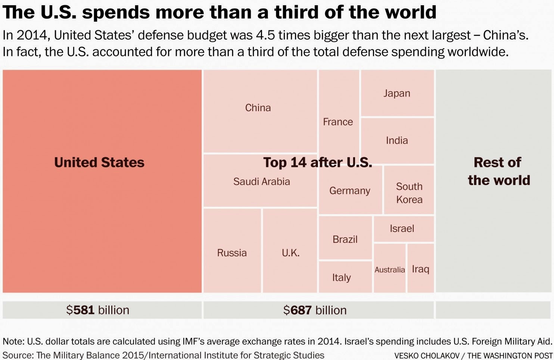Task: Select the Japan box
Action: (x=397, y=93)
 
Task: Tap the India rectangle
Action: (x=397, y=141)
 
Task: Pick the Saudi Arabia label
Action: (x=261, y=182)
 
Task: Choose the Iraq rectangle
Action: (x=421, y=269)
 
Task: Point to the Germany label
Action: (x=349, y=191)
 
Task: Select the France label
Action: (x=338, y=122)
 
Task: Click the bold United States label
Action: (x=99, y=163)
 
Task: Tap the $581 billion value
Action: (x=98, y=310)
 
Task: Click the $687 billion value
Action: (x=315, y=310)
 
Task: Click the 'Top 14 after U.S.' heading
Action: (x=317, y=163)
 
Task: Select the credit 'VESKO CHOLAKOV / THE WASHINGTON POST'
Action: (x=473, y=356)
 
